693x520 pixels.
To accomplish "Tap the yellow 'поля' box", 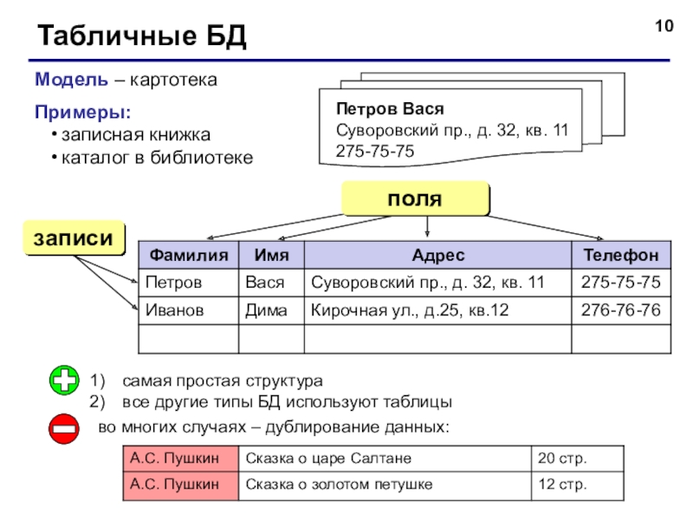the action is click(x=414, y=198).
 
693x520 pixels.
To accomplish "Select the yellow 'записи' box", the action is click(x=74, y=238).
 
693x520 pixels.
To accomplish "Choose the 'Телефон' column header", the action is click(x=620, y=256).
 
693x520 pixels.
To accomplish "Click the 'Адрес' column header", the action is click(x=437, y=256).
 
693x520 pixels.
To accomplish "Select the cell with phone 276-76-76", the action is click(x=620, y=309).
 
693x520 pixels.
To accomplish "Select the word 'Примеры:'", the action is click(x=83, y=113).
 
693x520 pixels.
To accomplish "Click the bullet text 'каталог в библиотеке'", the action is click(x=157, y=158).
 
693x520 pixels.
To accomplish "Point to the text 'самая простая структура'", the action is click(x=223, y=381).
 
